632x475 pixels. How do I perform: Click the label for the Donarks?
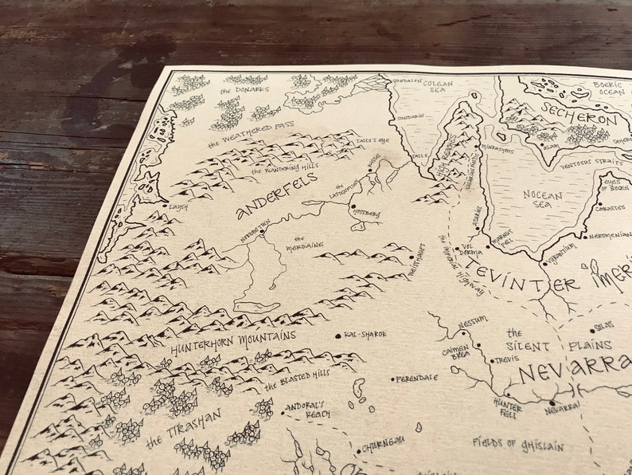(244, 90)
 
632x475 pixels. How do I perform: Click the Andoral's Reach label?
(307, 408)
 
